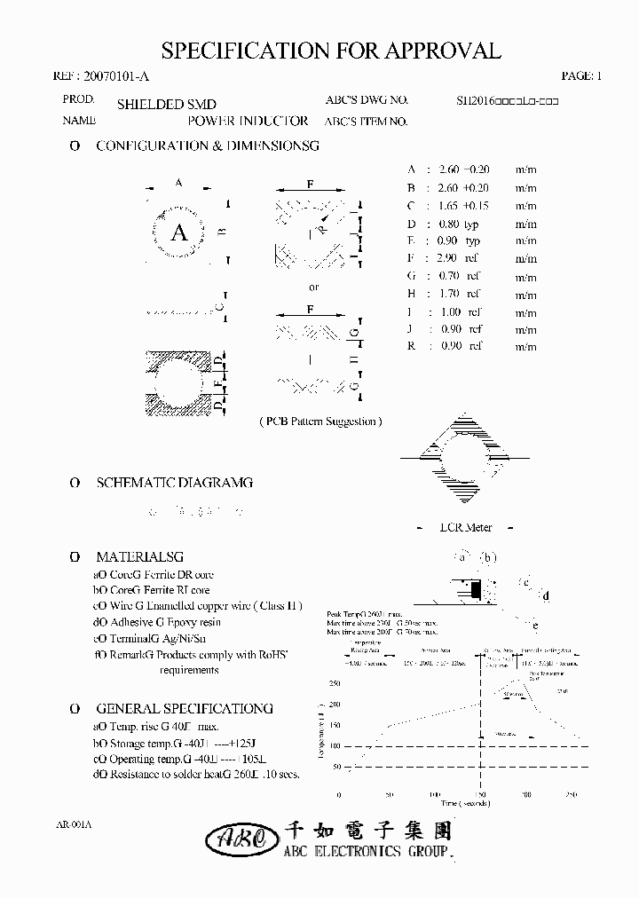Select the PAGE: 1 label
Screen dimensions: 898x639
pyautogui.click(x=581, y=77)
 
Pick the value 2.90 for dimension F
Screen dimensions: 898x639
pyautogui.click(x=447, y=258)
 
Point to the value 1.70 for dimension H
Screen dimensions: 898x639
pyautogui.click(x=449, y=294)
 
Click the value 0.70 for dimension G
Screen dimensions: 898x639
pyautogui.click(x=449, y=276)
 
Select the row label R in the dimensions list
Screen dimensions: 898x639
pyautogui.click(x=411, y=346)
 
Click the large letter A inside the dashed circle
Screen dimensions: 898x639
pyautogui.click(x=179, y=232)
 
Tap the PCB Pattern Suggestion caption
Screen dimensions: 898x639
pyautogui.click(x=320, y=421)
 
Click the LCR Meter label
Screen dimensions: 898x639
pyautogui.click(x=466, y=527)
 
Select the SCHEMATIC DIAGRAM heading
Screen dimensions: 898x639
pyautogui.click(x=173, y=483)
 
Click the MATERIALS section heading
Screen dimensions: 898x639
pyautogui.click(x=138, y=557)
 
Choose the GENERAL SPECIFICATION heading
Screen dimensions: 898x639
pyautogui.click(x=184, y=709)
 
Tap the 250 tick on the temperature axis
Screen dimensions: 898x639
pyautogui.click(x=334, y=683)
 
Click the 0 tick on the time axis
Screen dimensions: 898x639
pyautogui.click(x=338, y=794)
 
